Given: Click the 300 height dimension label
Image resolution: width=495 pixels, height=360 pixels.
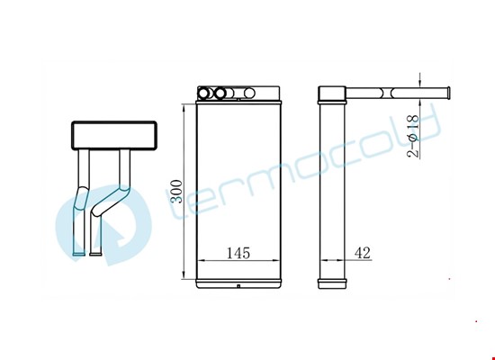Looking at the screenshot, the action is pos(175,192).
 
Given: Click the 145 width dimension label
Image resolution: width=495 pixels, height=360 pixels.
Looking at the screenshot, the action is pos(238,253).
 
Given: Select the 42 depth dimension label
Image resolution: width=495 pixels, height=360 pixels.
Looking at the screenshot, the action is pos(363,253).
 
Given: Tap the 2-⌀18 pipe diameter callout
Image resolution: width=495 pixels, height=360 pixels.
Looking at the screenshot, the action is pos(413,136).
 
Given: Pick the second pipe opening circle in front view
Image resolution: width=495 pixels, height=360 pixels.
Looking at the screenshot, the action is pos(220,93).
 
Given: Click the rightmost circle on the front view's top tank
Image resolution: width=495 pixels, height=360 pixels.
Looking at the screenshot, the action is pos(249,93).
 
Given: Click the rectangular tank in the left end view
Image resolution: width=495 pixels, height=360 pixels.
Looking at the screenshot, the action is pos(114,135).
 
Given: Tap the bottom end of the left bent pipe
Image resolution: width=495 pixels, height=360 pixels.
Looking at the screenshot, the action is pos(78,253).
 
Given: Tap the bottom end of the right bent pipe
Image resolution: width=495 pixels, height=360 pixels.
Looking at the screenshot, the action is pos(95,253).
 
